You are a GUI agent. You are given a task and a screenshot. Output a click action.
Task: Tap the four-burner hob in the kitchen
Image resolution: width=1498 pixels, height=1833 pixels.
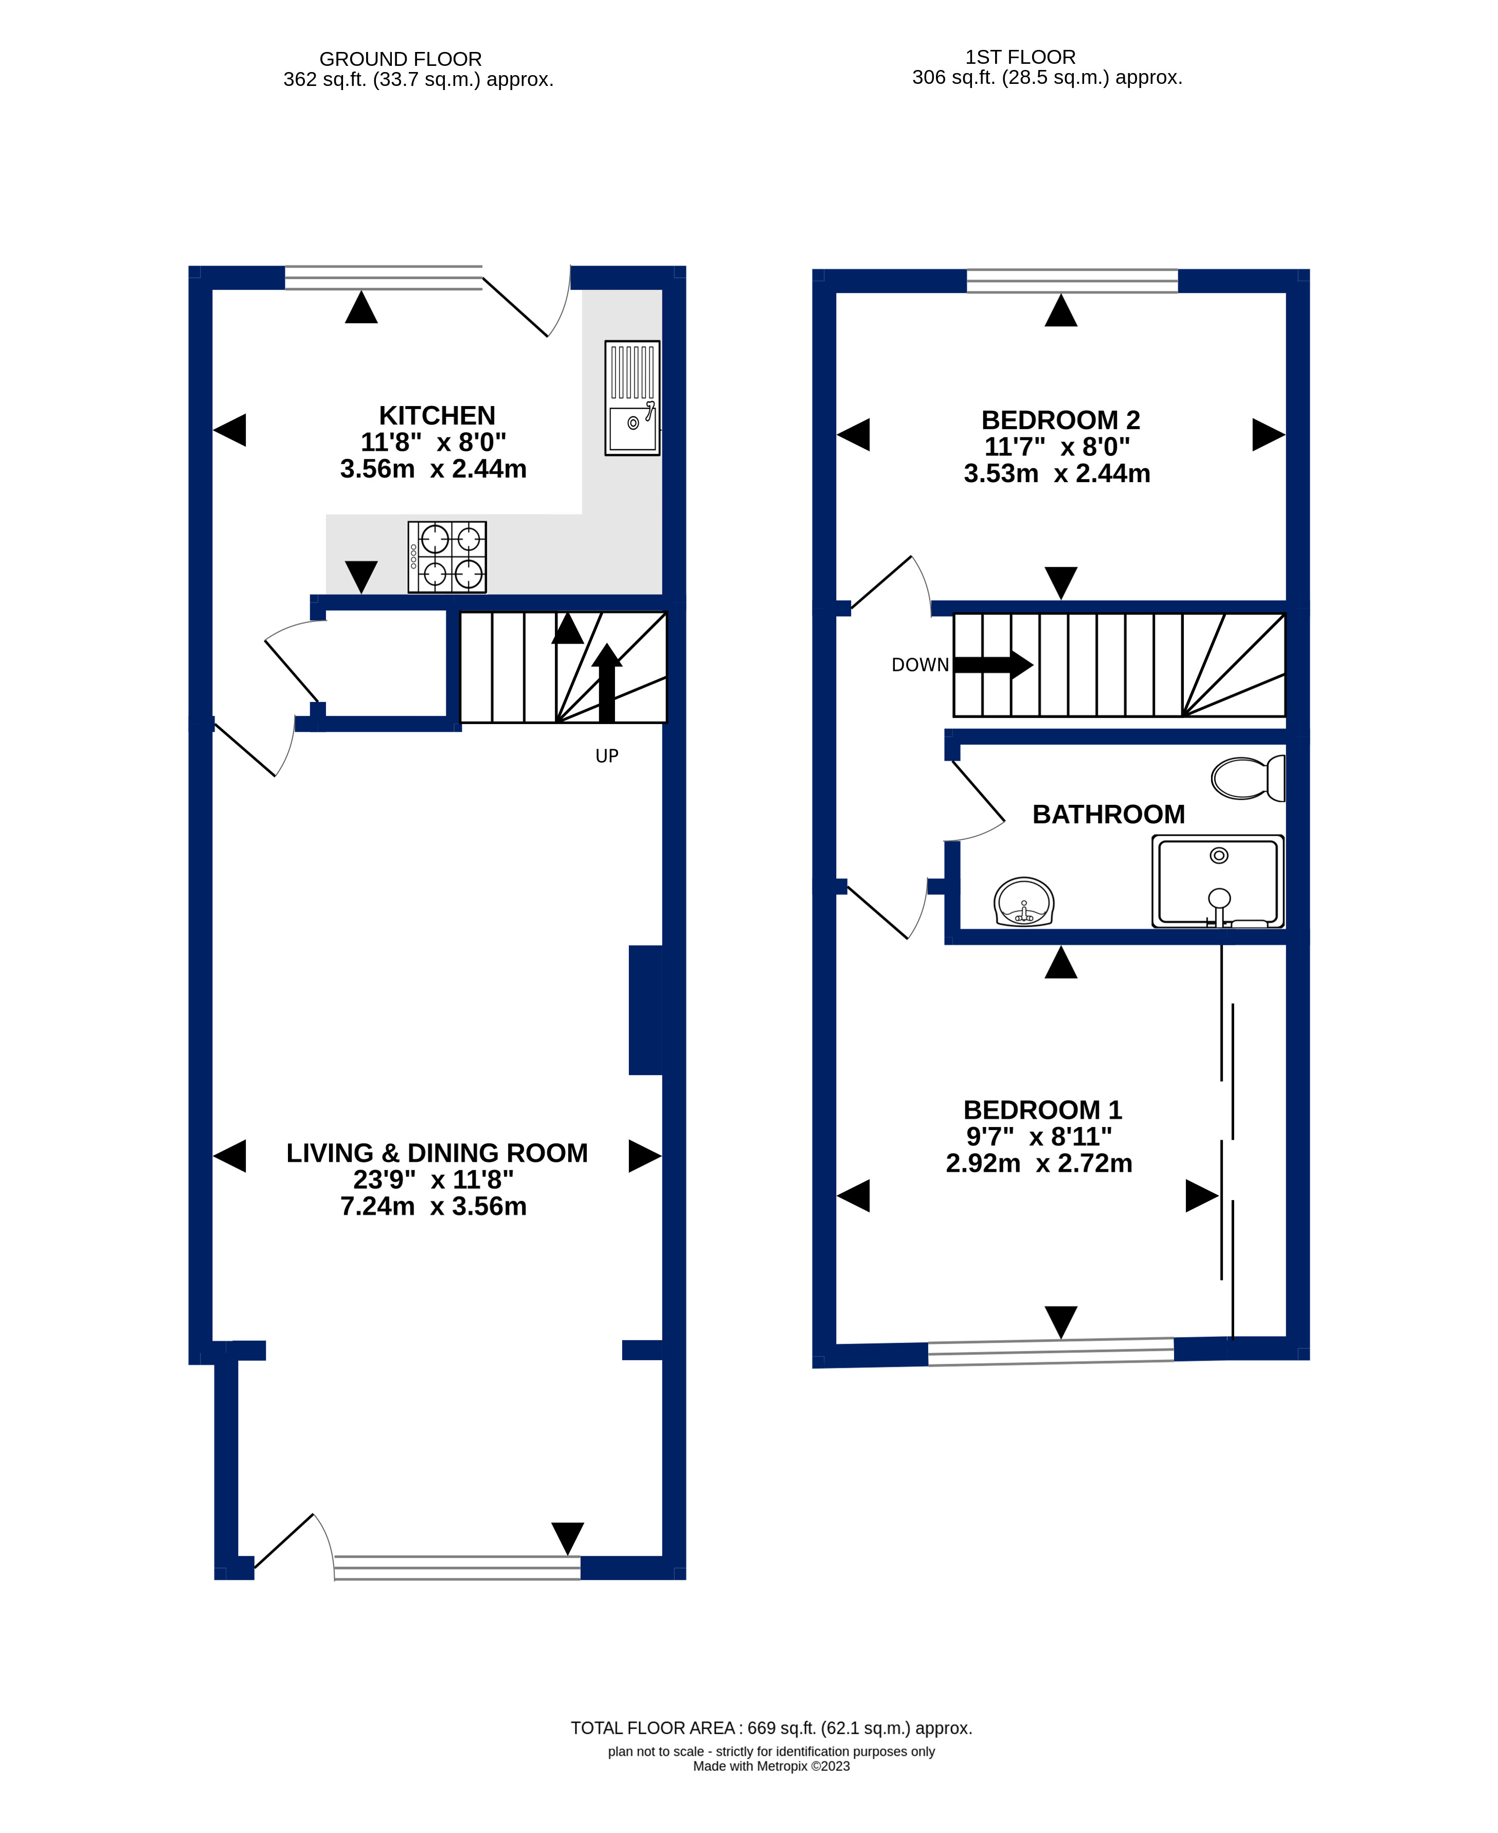(447, 557)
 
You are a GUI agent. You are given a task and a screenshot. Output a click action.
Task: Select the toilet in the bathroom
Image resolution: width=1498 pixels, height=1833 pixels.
(1248, 778)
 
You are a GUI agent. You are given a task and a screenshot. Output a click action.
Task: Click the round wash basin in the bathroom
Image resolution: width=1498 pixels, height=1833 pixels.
(1024, 902)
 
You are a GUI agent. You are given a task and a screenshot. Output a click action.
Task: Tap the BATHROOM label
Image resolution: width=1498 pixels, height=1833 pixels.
(1109, 814)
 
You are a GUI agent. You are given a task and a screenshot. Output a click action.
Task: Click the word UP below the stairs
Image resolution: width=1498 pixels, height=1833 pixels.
(607, 756)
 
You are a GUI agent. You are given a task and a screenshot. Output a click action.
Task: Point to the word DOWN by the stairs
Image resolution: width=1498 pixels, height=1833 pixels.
(920, 665)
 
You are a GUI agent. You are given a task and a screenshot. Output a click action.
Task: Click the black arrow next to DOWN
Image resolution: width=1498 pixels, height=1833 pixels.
(993, 664)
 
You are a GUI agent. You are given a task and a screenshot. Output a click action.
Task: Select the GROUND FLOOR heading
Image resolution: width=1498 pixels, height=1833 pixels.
(401, 59)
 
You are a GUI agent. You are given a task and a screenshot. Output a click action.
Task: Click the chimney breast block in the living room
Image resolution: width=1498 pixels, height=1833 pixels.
(645, 1010)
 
